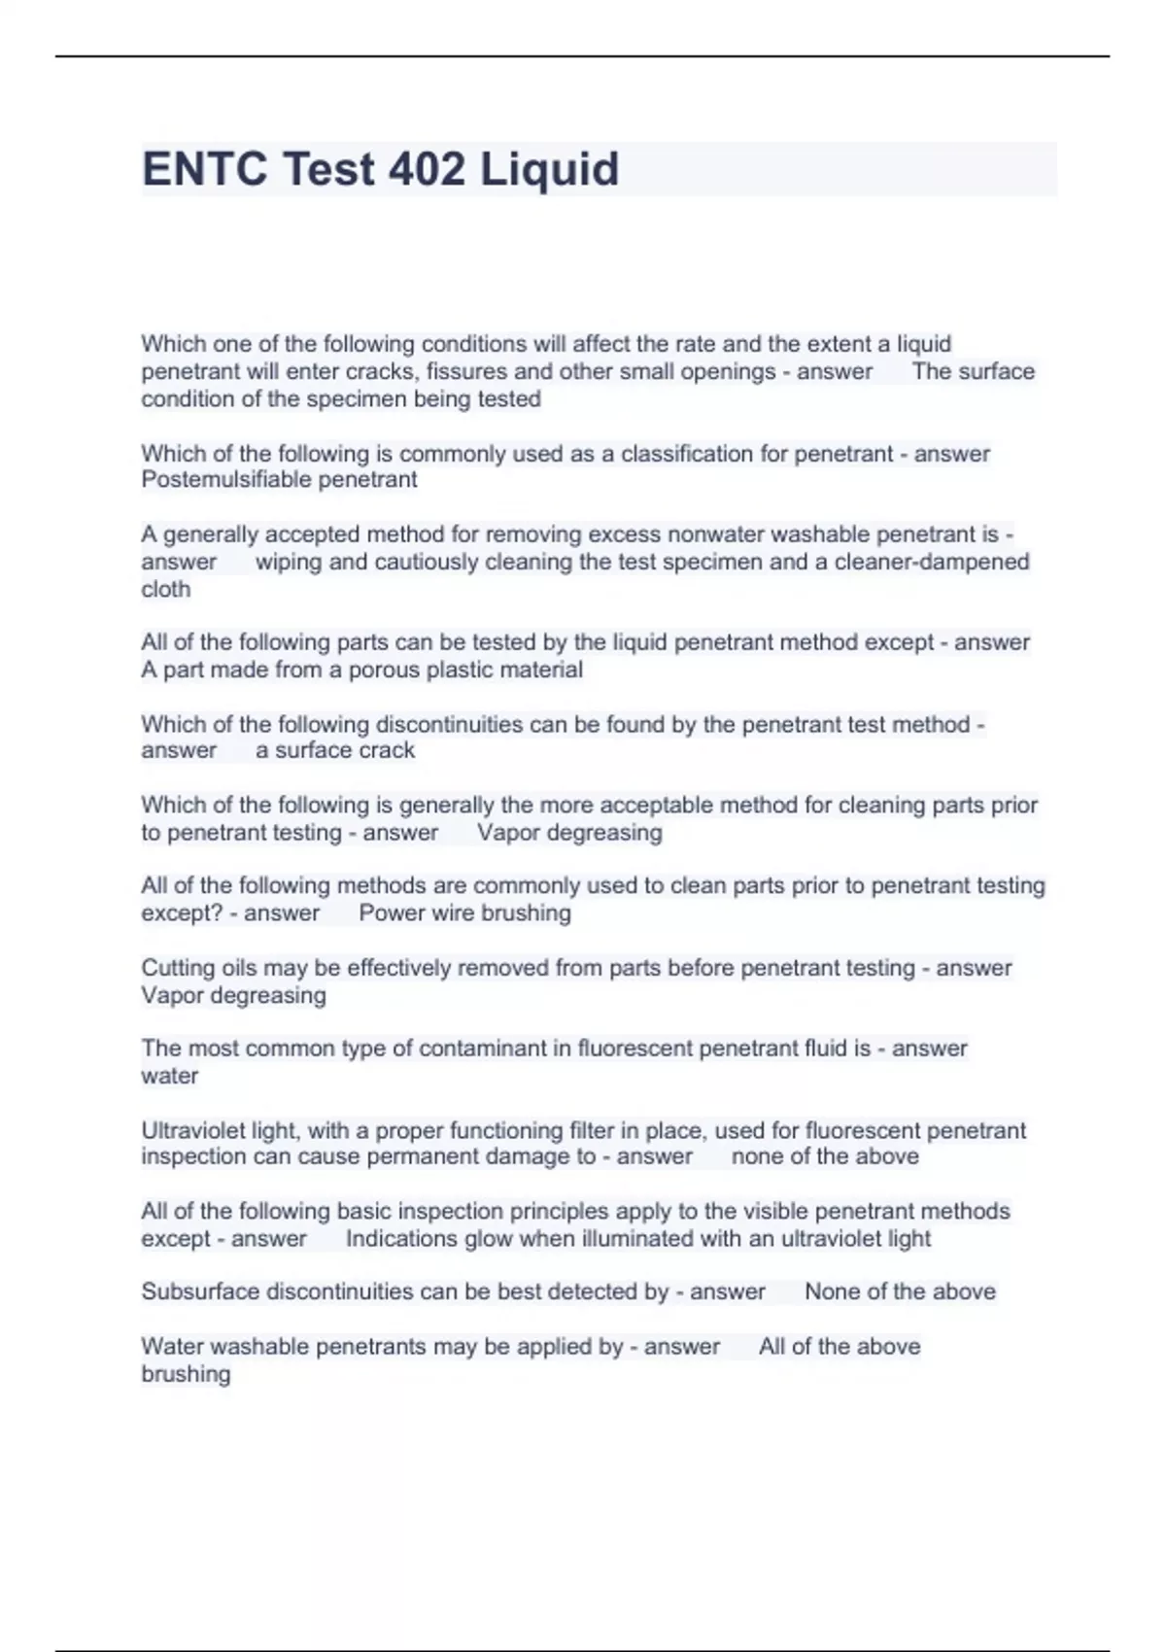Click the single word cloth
click(x=165, y=589)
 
